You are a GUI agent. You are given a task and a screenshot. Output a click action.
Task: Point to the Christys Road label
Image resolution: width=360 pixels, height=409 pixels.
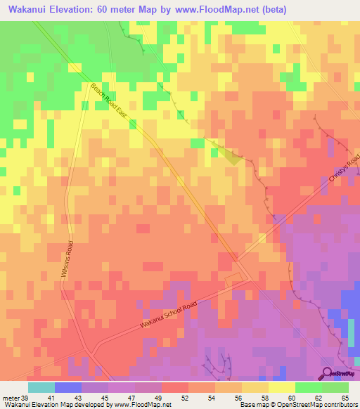342,180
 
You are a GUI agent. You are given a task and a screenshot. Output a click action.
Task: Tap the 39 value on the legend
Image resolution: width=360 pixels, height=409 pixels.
25,398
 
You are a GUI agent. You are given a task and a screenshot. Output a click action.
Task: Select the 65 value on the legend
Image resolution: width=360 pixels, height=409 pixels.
345,398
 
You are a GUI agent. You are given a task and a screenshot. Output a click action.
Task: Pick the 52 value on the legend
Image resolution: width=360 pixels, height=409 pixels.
185,398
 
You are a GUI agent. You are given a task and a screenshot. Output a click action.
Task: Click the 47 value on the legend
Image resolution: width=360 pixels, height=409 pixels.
131,398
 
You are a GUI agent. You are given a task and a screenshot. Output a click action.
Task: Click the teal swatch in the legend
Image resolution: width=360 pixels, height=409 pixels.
41,387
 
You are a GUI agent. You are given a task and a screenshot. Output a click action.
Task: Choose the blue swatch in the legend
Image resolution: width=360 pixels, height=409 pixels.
68,387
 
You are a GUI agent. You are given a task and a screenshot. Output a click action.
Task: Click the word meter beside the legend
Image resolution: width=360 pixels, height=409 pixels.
10,398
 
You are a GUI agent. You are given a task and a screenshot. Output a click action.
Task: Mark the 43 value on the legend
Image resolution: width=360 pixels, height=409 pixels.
78,398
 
